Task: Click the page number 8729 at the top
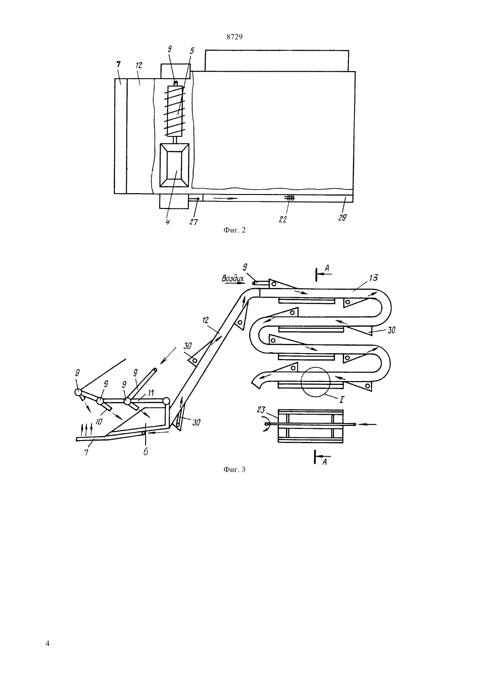coord(234,37)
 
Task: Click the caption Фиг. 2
coord(234,230)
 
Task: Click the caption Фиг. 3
coord(234,470)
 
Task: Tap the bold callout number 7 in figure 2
coord(119,64)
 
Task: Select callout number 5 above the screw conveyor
coord(192,51)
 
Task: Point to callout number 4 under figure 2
coord(167,222)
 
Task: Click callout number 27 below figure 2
coord(193,222)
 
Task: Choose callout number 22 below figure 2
coord(283,219)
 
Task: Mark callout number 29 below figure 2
coord(342,218)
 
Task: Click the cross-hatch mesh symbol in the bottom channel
coord(290,198)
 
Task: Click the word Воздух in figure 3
coord(233,278)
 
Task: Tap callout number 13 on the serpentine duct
coord(373,278)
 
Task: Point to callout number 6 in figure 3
coord(146,452)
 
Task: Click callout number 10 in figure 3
coord(100,421)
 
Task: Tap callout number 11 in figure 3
coord(150,393)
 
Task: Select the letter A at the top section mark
coord(327,268)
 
